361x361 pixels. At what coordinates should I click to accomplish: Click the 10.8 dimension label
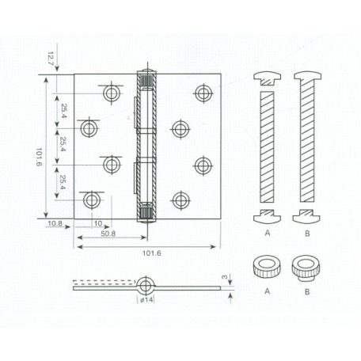coord(55,225)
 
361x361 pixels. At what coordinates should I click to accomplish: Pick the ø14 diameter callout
coord(146,301)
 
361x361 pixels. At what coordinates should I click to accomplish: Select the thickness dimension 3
coord(227,279)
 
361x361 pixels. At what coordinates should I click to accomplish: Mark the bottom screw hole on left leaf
coord(93,199)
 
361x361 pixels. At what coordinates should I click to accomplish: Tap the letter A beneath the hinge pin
coord(268,235)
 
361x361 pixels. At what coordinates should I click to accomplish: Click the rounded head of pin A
coord(267,77)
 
